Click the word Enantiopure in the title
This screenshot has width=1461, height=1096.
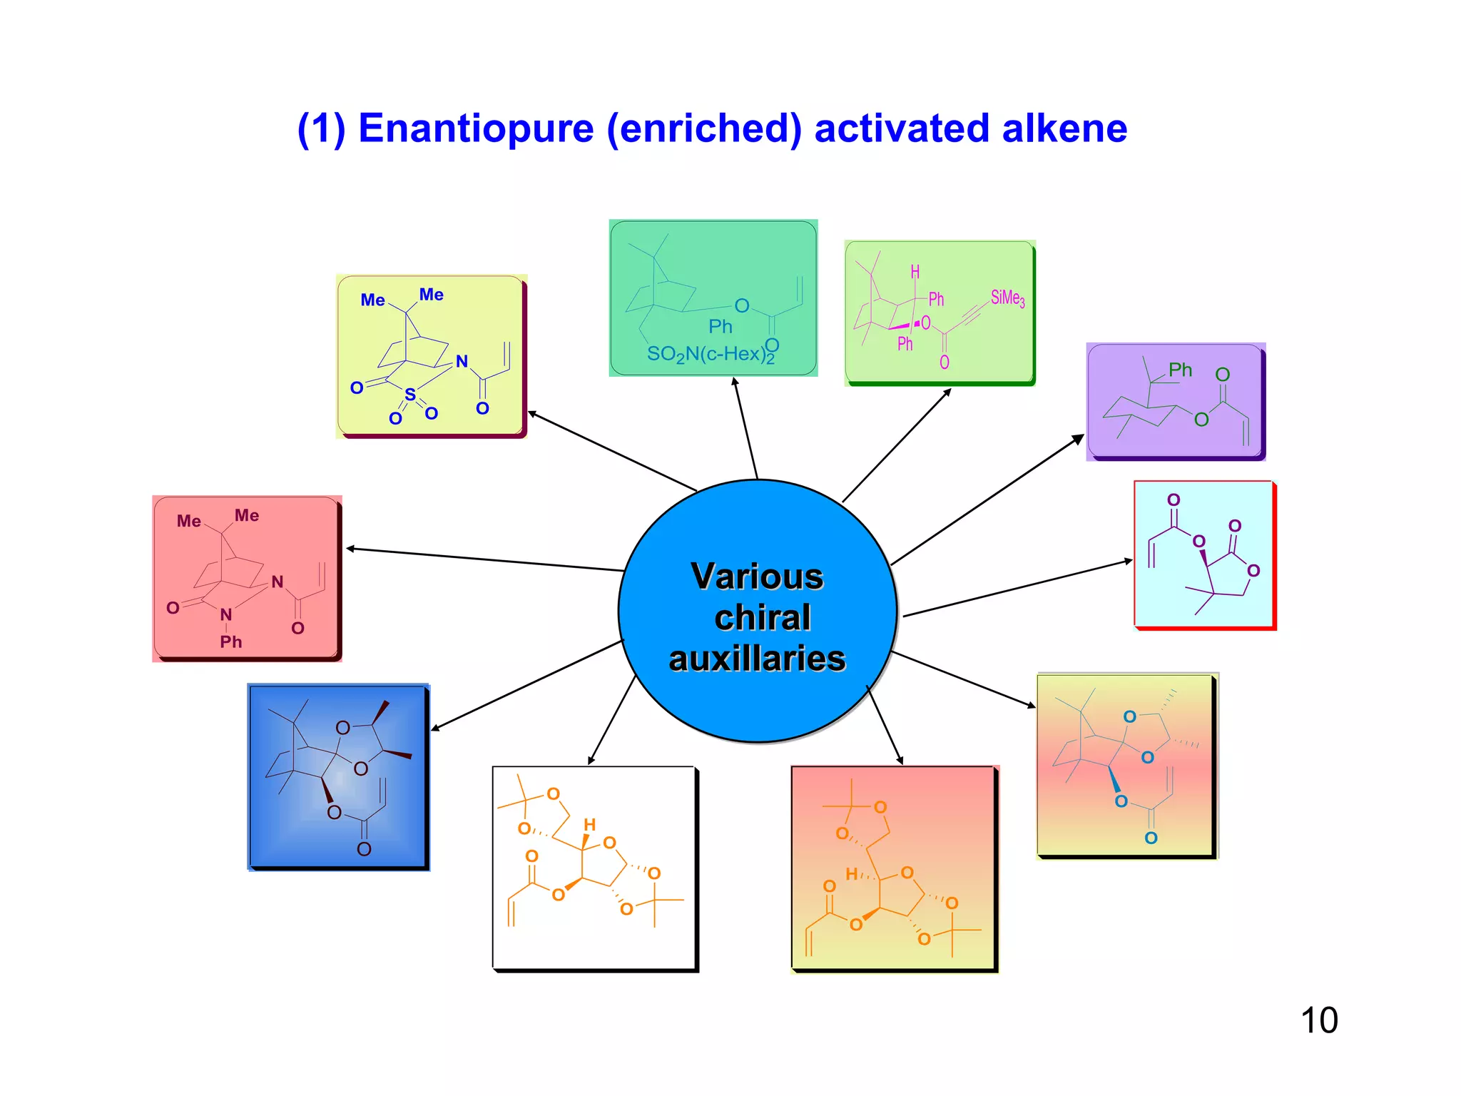coord(476,129)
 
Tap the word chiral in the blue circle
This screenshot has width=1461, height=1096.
coord(762,618)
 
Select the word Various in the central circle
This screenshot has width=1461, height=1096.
coord(757,577)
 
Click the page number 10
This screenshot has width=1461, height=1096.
coord(1319,1020)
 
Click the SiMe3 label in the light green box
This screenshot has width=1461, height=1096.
coord(1007,298)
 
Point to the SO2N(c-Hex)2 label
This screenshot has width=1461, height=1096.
coord(710,355)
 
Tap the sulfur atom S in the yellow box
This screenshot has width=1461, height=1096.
coord(410,395)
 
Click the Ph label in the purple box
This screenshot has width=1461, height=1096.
coord(1180,370)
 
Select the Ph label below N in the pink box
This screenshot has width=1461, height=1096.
coord(230,642)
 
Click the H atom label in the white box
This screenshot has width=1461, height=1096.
coord(589,825)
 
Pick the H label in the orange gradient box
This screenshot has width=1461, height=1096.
coord(851,874)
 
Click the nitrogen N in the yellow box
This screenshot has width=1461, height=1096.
coord(462,362)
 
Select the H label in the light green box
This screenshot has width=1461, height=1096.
coord(915,272)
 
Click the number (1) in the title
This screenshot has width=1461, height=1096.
coord(322,129)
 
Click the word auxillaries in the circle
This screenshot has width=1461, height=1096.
coord(757,659)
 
